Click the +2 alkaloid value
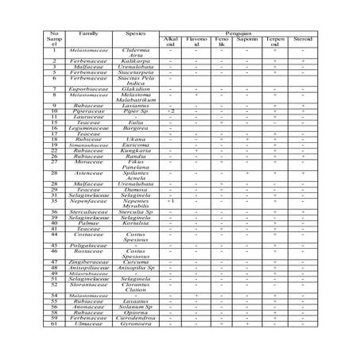pyautogui.click(x=171, y=112)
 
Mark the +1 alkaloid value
pyautogui.click(x=171, y=202)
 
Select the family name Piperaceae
pyautogui.click(x=89, y=112)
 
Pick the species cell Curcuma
pyautogui.click(x=137, y=261)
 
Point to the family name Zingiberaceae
pyautogui.click(x=89, y=261)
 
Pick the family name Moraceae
pyautogui.click(x=89, y=162)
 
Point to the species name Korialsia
pyautogui.click(x=137, y=224)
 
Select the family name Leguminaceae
pyautogui.click(x=89, y=129)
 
